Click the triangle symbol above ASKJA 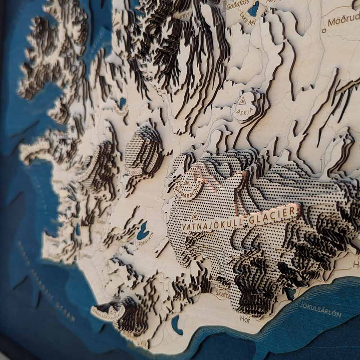click(x=242, y=101)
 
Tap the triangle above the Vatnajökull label click(x=195, y=216)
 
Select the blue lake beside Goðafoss click(x=253, y=9)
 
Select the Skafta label click(x=222, y=295)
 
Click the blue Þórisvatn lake click(x=142, y=232)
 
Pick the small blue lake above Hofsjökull click(x=122, y=102)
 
